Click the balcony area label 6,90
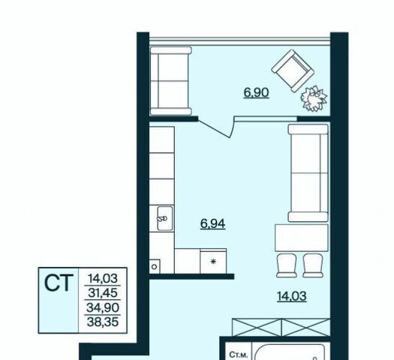click(257, 93)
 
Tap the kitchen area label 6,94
click(212, 223)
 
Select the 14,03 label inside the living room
click(292, 296)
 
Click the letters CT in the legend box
click(59, 283)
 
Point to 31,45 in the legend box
click(103, 292)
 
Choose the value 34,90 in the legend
click(103, 307)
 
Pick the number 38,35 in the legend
click(103, 322)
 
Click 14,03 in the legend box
click(103, 278)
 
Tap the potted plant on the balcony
click(314, 99)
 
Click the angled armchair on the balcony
click(293, 70)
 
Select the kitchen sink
click(165, 218)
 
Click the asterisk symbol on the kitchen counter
click(213, 262)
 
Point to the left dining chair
click(287, 265)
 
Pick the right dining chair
click(313, 265)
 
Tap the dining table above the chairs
click(302, 238)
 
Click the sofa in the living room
click(308, 173)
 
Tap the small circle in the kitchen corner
click(155, 266)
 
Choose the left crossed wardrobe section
click(257, 327)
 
